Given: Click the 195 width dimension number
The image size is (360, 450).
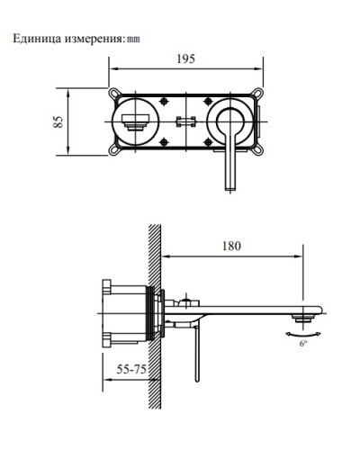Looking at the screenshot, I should (x=185, y=59).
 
